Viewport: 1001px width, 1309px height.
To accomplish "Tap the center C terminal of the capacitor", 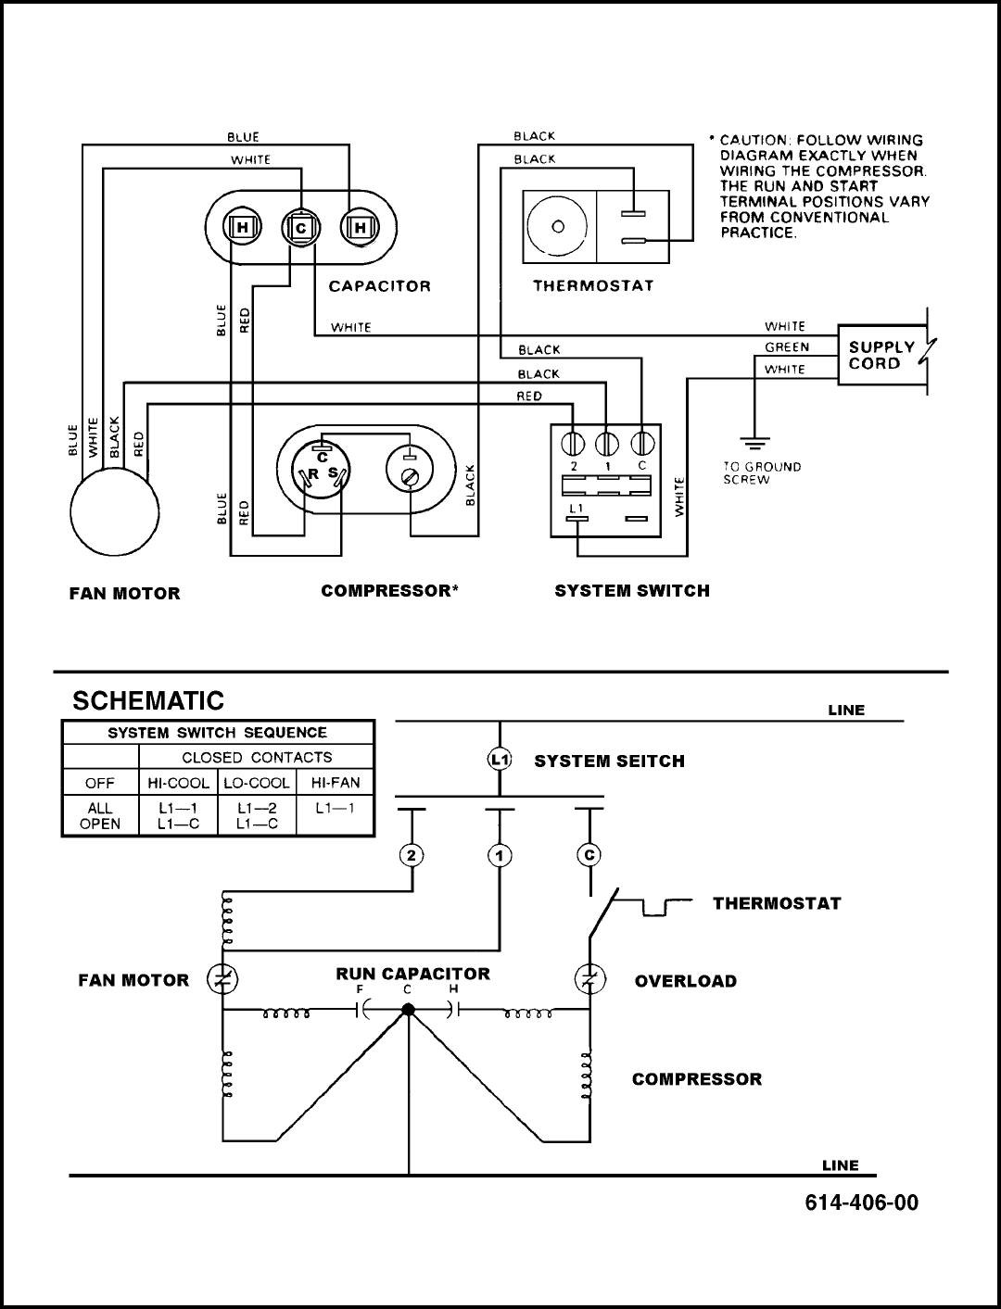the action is (x=300, y=228).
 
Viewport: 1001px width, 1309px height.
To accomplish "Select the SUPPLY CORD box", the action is (x=881, y=355).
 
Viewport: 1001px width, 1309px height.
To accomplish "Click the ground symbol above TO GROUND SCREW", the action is (x=754, y=444).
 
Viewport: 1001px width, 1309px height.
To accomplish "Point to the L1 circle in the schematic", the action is (x=500, y=760).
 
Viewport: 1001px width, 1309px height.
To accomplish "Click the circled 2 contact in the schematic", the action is (x=412, y=856).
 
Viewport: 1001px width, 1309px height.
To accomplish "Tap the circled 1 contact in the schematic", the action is (x=500, y=856).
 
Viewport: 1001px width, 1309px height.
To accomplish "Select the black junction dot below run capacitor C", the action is (x=408, y=1009).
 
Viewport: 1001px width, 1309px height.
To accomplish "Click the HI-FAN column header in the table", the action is (x=336, y=783).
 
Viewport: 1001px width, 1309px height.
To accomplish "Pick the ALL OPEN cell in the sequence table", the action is (x=100, y=816).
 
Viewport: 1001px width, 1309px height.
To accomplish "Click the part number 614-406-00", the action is (x=861, y=1202).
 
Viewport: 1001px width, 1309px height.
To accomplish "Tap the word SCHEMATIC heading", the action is (x=148, y=700).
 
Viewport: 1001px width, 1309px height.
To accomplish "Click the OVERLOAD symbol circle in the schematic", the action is (x=590, y=978).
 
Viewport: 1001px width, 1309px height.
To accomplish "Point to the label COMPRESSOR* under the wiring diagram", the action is (x=389, y=590).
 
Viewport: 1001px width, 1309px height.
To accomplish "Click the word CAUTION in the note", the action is (x=754, y=140).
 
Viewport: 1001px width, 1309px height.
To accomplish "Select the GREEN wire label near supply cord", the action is (x=787, y=346).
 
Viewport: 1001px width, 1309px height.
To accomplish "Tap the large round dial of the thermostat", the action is (x=558, y=226).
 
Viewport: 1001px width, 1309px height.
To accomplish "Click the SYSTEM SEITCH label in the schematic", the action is (x=609, y=761).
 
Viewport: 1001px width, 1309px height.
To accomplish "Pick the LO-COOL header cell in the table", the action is (x=257, y=783).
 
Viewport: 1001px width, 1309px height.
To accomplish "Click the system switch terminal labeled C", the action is (x=642, y=444).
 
